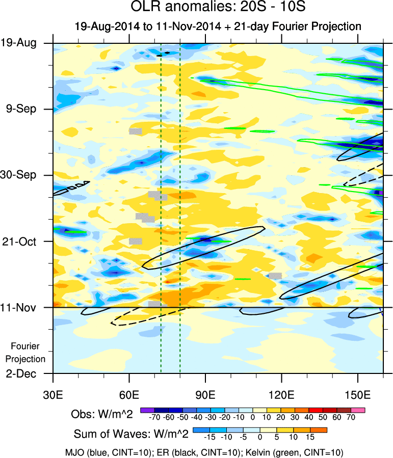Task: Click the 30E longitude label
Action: [x=53, y=395]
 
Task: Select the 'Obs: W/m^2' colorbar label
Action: [x=101, y=415]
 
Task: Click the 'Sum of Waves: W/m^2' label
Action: [x=132, y=434]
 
